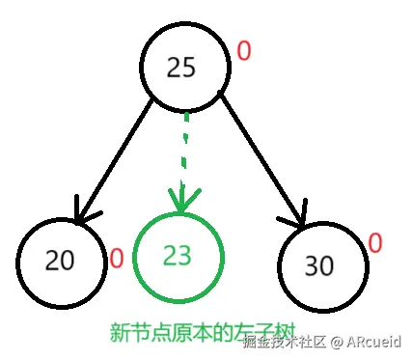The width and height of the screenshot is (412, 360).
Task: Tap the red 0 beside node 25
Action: [243, 51]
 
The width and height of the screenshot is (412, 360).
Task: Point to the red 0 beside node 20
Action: [116, 259]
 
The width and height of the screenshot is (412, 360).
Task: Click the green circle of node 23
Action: [179, 255]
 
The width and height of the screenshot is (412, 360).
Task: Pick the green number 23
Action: [178, 255]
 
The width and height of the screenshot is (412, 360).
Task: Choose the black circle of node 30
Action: [322, 263]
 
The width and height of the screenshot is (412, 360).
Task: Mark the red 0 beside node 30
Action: [375, 242]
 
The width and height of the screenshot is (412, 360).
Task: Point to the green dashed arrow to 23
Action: [183, 154]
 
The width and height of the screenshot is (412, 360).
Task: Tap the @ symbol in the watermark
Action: [337, 341]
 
